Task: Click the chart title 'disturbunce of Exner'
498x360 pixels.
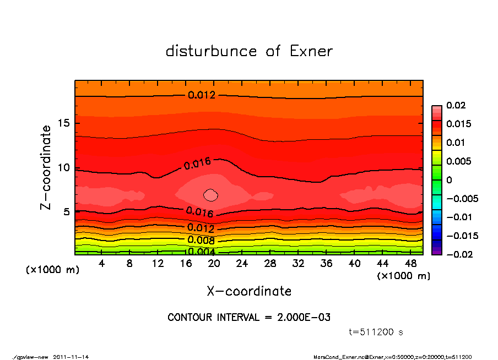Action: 249,51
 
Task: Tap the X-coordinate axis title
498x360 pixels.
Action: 249,291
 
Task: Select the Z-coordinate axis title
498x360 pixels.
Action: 46,167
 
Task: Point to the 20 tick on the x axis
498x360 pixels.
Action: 214,264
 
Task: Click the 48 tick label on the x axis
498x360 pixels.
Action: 412,264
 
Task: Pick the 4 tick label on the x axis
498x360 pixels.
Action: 101,264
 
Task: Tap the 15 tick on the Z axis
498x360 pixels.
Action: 62,123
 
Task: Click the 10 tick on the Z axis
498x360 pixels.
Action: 62,167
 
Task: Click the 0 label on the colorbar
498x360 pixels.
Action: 448,180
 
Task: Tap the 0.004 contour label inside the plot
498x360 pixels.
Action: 201,252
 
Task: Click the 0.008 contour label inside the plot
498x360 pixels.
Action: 201,239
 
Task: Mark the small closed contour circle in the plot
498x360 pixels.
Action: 211,194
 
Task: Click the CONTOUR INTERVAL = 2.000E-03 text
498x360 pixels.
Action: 249,318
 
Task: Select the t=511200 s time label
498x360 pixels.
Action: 376,332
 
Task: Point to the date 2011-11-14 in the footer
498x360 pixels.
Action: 71,356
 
